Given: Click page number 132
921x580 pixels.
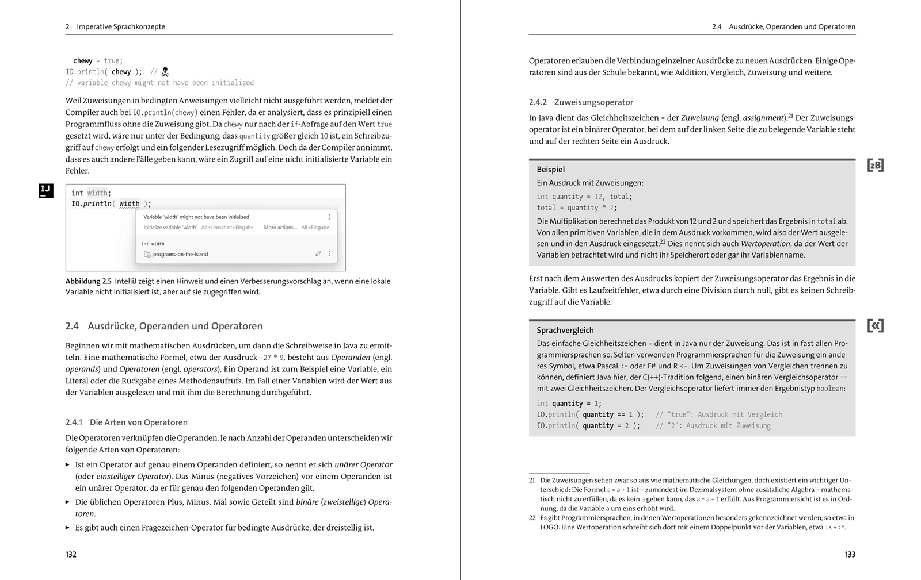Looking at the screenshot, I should pos(71,555).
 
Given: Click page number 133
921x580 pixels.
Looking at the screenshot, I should pos(850,555).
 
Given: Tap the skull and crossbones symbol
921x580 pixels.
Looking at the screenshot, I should pos(165,72).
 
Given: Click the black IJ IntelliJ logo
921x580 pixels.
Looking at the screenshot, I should pos(46,191).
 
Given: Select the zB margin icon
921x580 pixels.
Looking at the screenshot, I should pos(875,166).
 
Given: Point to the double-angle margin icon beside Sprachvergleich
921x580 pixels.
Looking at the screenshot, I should pos(875,326).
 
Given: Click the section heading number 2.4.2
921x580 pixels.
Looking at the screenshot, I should pos(538,102).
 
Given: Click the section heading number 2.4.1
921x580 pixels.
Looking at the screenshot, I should pos(74,422).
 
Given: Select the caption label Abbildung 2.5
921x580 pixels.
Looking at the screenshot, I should pos(88,281).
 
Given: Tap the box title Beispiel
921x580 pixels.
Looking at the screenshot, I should pos(550,170).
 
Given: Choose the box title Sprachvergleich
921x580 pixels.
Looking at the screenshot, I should pos(565,331).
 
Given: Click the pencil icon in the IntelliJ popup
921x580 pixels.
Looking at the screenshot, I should pos(318,253).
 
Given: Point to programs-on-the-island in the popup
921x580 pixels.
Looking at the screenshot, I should pos(180,254).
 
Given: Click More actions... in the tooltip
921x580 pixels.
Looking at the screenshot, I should pos(280,228).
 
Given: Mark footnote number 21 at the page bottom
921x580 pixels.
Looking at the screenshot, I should pos(532,480).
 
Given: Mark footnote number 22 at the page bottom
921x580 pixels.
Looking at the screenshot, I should pos(532,518).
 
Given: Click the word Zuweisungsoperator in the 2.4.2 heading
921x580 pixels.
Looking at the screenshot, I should pos(593,102).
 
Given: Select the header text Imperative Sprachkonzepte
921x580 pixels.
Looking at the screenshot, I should pos(121,26).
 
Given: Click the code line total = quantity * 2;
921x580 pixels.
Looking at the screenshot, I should pos(576,208).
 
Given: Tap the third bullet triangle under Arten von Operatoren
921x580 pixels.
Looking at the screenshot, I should pos(67,527).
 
